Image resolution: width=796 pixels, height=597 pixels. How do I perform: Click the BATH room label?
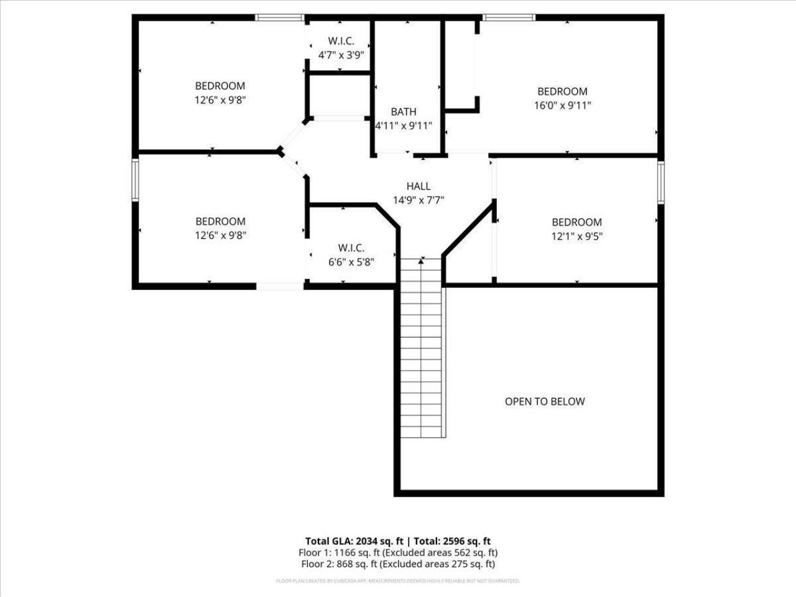tap(404, 112)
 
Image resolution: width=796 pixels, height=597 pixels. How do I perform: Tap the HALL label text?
tap(418, 186)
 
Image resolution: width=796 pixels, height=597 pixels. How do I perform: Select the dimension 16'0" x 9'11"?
tap(562, 105)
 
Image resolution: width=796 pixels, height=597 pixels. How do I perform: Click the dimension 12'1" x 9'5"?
tap(576, 236)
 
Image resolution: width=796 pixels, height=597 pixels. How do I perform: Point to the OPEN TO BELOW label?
tap(544, 401)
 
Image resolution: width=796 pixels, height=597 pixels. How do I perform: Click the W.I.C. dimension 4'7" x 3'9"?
tap(341, 55)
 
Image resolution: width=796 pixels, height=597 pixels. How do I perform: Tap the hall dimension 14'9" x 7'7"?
tap(418, 200)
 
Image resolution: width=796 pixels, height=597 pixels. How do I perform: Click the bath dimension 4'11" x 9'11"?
tap(404, 126)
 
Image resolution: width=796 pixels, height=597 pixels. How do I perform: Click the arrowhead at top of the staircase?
tap(422, 261)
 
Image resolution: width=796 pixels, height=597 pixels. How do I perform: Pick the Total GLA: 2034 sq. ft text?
tap(354, 541)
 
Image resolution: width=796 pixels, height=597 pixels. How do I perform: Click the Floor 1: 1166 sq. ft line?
tap(398, 552)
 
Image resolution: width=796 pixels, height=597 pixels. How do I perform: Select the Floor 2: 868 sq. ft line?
tap(398, 564)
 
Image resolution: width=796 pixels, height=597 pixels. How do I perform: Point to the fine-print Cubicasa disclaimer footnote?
tap(398, 581)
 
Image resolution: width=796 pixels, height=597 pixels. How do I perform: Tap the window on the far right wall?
tap(661, 182)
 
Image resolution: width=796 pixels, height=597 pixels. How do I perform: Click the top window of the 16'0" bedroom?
tap(509, 17)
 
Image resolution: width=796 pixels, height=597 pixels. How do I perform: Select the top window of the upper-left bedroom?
tap(280, 17)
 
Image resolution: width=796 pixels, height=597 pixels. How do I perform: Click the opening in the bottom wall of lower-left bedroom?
tap(280, 286)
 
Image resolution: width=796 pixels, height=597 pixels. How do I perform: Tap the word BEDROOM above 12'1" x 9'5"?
tap(576, 222)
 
